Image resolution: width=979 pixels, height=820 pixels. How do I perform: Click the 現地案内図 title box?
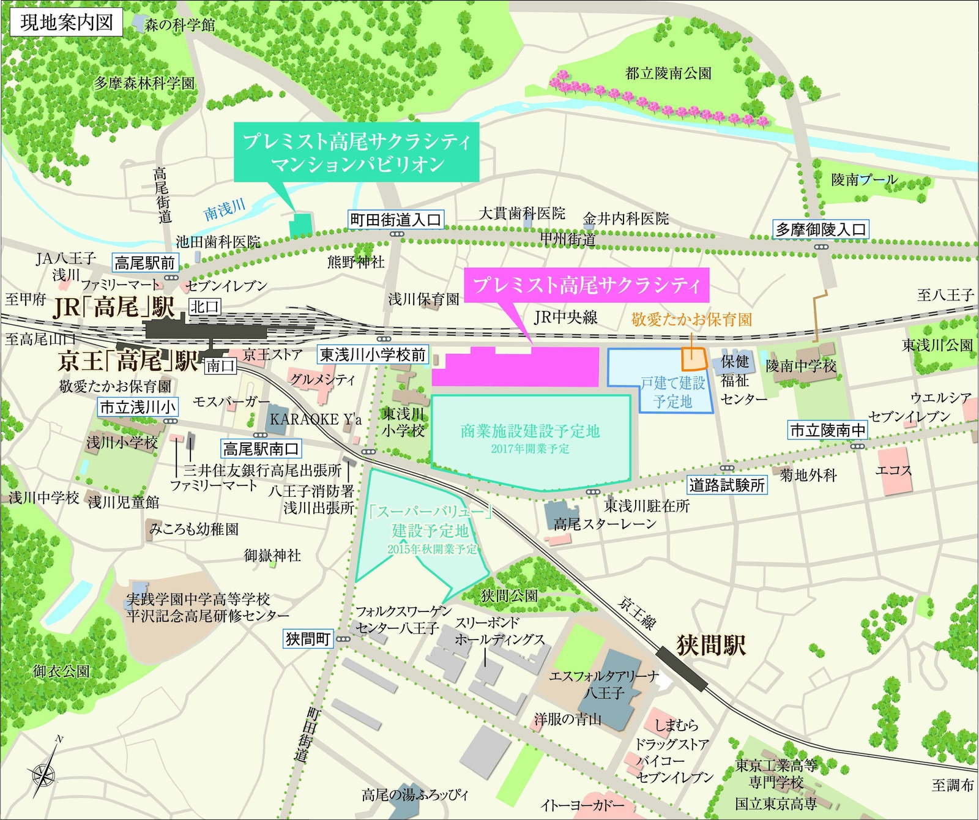click(x=67, y=23)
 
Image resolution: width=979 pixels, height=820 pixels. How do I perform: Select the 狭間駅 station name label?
click(x=711, y=645)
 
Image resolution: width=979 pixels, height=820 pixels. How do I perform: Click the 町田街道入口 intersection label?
click(x=395, y=220)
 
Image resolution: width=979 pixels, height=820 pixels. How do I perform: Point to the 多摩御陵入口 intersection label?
click(x=821, y=229)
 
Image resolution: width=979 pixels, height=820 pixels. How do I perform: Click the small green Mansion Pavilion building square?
click(x=300, y=225)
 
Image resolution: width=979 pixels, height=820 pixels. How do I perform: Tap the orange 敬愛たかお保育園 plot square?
click(x=694, y=359)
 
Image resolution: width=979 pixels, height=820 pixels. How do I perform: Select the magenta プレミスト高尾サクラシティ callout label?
click(x=586, y=285)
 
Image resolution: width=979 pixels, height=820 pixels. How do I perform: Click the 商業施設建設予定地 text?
click(x=530, y=431)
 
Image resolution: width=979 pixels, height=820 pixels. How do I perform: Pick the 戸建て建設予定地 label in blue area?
click(x=672, y=392)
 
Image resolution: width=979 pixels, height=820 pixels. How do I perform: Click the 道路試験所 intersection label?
click(x=727, y=485)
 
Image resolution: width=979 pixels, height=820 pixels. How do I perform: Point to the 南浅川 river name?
click(x=225, y=209)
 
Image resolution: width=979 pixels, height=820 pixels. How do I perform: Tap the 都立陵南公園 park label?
click(x=668, y=73)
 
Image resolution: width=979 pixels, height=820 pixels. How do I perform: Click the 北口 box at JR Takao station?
click(x=204, y=307)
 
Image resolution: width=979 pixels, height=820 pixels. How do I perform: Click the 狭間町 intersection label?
click(x=308, y=639)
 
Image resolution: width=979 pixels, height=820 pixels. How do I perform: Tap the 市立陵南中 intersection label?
click(x=828, y=430)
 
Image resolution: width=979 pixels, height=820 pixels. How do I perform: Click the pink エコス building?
click(x=895, y=470)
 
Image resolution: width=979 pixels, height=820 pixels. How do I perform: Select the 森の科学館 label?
click(x=180, y=25)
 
